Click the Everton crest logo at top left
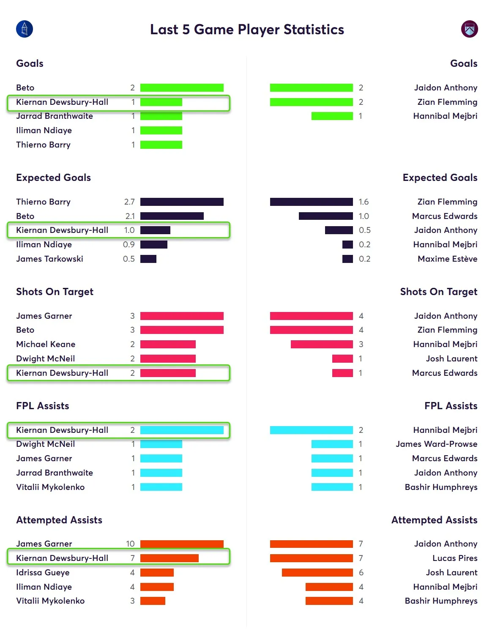point(25,29)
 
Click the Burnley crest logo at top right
point(469,29)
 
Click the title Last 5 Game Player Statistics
point(247,30)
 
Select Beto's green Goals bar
point(182,88)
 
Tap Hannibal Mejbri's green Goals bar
point(332,116)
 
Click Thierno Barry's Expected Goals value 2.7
point(129,202)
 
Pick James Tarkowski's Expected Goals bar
point(148,259)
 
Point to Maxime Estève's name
point(447,259)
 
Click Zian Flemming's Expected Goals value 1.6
point(364,202)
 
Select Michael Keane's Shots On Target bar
point(168,345)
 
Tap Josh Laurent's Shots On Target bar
point(342,359)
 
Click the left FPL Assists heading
point(42,406)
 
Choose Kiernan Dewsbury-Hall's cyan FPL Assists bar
point(182,430)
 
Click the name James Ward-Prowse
point(436,444)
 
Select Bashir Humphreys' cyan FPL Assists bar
point(332,487)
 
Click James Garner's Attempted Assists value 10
point(130,544)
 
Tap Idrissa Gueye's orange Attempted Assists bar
point(157,573)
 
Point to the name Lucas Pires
point(455,558)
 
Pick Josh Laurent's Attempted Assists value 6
point(361,573)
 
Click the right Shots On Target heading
point(438,292)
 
